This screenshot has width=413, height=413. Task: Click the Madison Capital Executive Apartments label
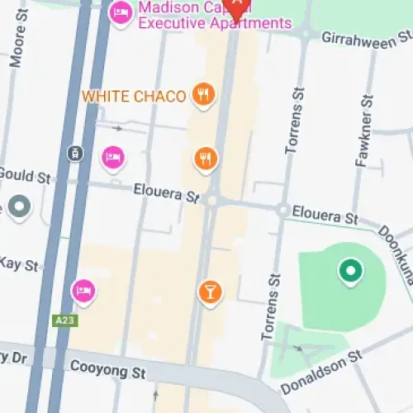coord(215,15)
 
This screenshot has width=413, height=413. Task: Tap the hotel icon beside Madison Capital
coord(121,12)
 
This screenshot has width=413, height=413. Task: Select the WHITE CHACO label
coord(134,97)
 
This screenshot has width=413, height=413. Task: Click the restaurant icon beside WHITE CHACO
coord(202,94)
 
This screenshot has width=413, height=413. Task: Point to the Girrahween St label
coord(366,38)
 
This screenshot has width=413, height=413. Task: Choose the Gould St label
coord(25,175)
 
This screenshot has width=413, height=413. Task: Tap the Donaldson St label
coord(321,372)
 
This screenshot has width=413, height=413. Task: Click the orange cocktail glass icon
coord(210,291)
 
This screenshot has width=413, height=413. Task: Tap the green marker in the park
coord(349,269)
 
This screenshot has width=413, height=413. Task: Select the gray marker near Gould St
coord(19,206)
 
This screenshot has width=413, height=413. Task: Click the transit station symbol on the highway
coord(75,153)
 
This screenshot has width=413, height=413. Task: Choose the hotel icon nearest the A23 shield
coord(83,289)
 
